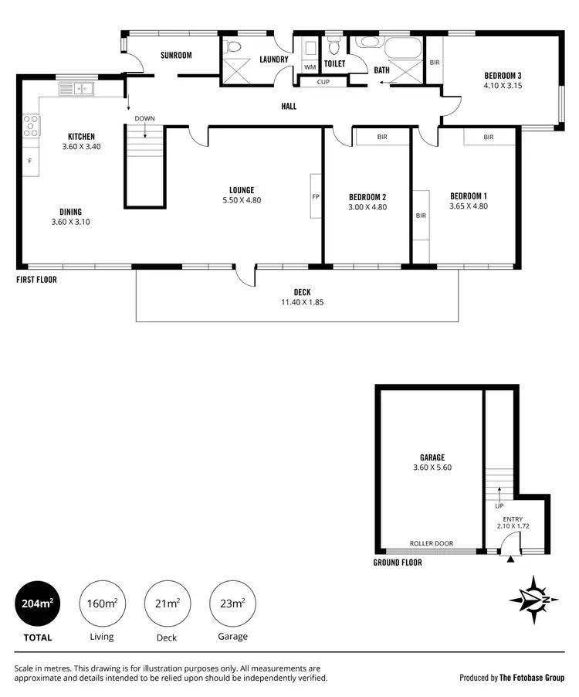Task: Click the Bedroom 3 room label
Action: (503, 75)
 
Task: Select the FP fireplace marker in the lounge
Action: (316, 196)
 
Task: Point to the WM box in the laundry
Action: (310, 67)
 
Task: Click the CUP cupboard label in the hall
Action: (323, 82)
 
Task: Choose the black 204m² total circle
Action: (37, 603)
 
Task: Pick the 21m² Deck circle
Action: (167, 603)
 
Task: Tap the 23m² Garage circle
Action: (232, 603)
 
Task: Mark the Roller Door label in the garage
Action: (432, 543)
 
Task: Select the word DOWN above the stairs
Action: (145, 118)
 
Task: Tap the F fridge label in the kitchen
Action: (30, 161)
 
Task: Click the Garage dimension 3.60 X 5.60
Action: (432, 467)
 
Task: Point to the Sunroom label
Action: (176, 56)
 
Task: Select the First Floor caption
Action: (36, 280)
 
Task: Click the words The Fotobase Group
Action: (532, 678)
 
